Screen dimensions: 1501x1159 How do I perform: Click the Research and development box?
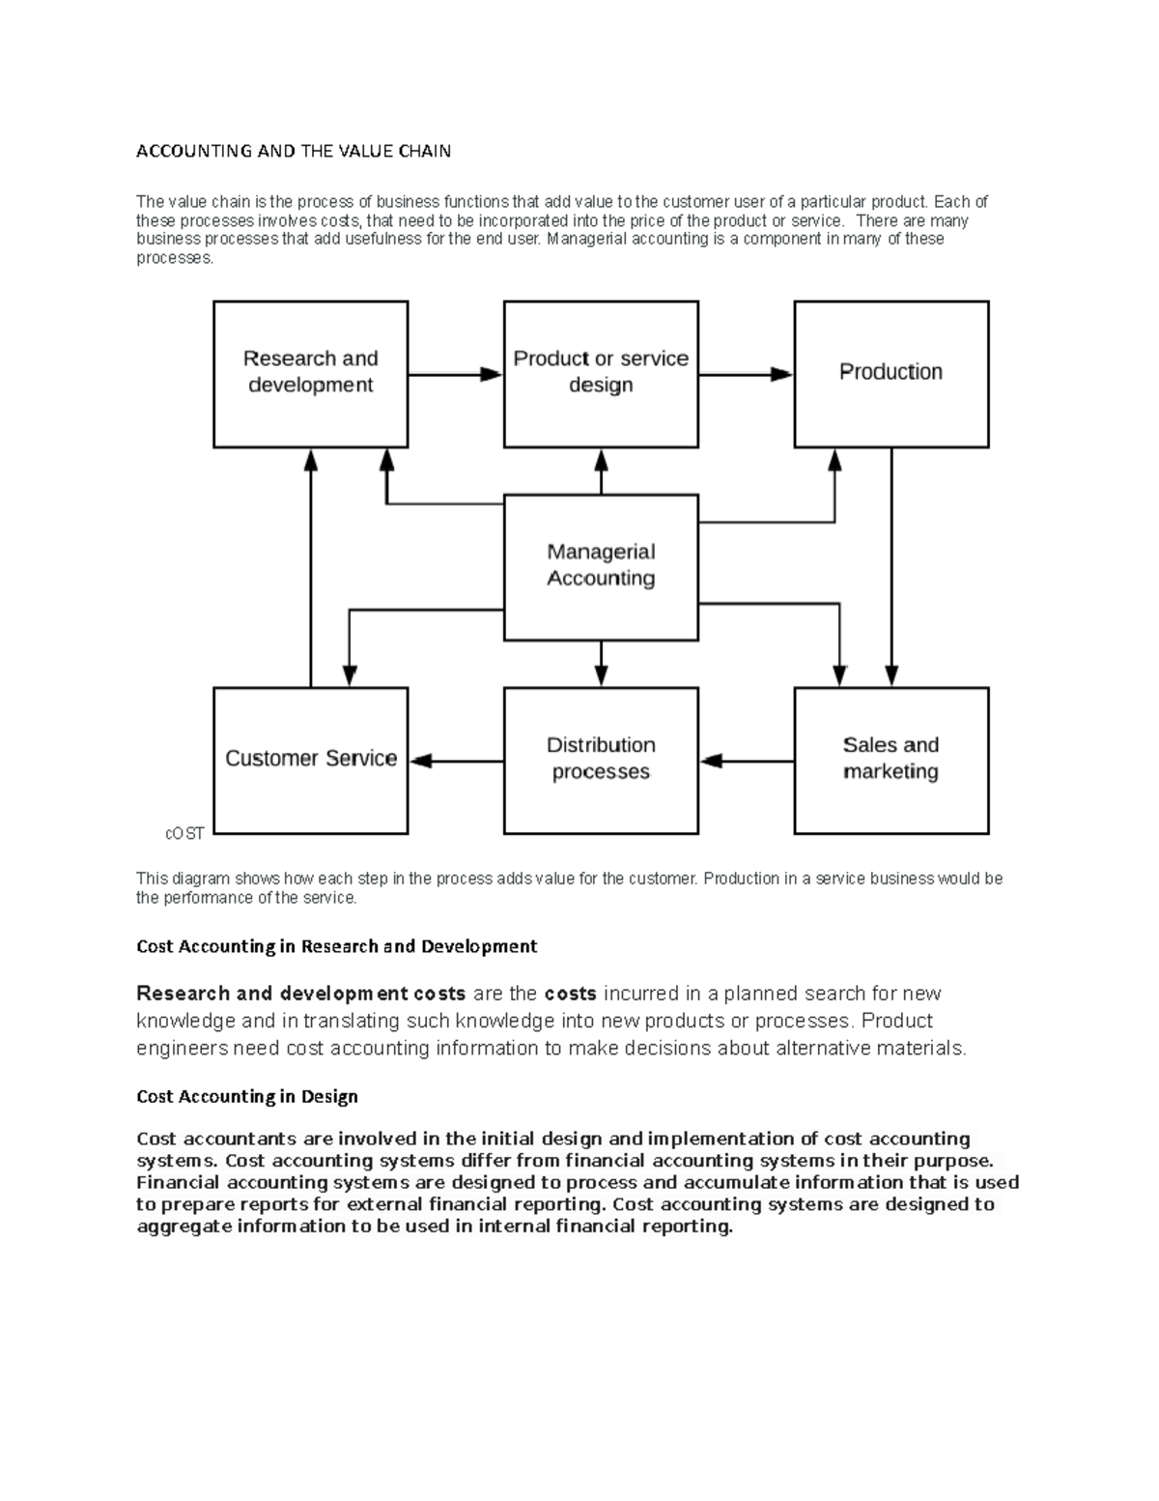tap(310, 373)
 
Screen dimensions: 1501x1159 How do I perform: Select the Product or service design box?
tap(601, 373)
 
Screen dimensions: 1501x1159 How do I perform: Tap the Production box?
tap(890, 373)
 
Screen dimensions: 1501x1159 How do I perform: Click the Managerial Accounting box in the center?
tap(601, 566)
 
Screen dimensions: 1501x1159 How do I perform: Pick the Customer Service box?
tap(310, 760)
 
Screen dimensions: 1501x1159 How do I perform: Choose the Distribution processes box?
tap(601, 760)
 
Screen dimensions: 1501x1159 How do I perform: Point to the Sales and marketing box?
tap(890, 760)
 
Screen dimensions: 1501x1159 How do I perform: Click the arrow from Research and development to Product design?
tap(455, 374)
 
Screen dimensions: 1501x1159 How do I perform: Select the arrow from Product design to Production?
tap(746, 374)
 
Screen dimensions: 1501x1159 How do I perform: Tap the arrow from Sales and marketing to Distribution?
tap(747, 761)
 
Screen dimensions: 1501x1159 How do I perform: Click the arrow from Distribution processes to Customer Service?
tap(456, 761)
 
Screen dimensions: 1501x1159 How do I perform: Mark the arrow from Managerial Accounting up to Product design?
tap(601, 472)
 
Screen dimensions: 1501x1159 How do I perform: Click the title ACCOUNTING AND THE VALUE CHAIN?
tap(294, 151)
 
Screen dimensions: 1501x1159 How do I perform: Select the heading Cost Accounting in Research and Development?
tap(336, 946)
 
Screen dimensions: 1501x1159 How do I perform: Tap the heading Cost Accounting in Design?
tap(247, 1096)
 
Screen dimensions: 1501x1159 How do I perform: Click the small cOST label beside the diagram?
tap(184, 833)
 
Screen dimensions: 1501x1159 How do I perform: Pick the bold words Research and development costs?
tap(301, 994)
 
